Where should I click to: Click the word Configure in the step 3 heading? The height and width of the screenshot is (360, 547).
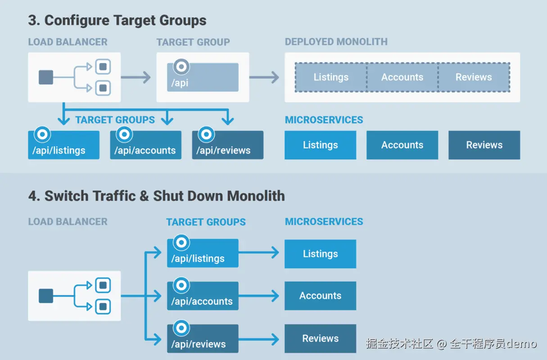point(77,21)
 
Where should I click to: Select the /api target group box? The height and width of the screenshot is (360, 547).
point(203,77)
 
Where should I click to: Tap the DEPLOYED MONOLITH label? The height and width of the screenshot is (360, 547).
point(336,42)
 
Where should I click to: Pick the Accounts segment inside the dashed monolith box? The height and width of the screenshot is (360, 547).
point(402,77)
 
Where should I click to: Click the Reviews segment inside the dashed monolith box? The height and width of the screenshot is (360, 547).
point(474,77)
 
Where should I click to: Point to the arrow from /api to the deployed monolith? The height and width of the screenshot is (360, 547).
point(264,77)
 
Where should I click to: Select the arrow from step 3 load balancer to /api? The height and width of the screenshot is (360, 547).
point(136,77)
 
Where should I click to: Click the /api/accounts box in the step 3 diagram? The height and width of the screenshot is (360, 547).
point(145,145)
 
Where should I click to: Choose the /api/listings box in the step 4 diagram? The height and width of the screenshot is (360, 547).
point(203,253)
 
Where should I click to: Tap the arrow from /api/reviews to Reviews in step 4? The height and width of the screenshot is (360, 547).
point(258,339)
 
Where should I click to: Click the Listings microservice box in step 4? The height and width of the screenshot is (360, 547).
point(320,254)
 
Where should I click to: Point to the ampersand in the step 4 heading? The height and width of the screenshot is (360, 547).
point(144,196)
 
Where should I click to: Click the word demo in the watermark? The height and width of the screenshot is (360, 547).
point(522,344)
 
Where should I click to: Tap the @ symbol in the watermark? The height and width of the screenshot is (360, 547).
point(442,344)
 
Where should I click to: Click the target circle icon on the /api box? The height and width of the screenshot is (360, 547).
point(181,67)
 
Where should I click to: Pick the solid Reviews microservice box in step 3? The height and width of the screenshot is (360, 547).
point(484,145)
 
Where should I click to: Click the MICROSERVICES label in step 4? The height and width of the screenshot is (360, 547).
point(324,221)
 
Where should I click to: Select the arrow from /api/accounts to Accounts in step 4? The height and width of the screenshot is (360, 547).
point(258,296)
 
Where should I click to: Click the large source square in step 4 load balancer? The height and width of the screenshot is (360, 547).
point(46,296)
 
